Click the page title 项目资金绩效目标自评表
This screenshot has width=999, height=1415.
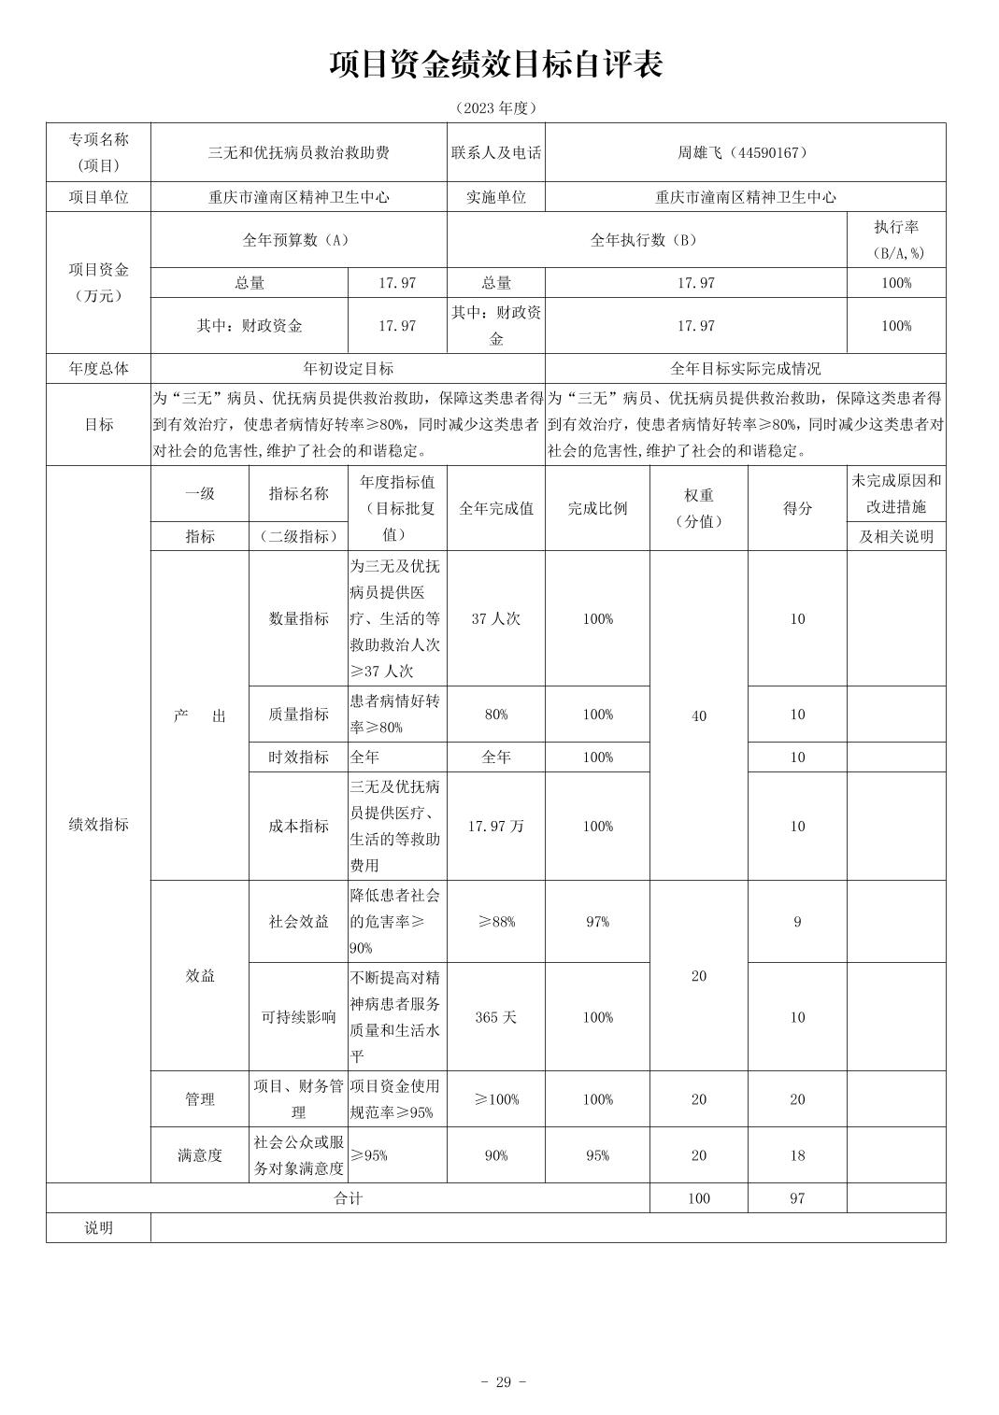(x=496, y=65)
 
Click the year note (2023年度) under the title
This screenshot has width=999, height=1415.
(x=496, y=108)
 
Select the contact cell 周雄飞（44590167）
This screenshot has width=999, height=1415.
(x=744, y=152)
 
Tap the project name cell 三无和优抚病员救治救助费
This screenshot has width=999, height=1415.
(x=298, y=152)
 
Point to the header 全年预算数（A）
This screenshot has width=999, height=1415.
(x=297, y=240)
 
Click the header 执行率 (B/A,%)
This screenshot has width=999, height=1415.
(x=895, y=240)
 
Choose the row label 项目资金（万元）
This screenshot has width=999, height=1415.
(x=98, y=282)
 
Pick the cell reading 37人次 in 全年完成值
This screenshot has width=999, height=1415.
(x=495, y=619)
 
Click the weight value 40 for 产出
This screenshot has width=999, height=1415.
(x=698, y=716)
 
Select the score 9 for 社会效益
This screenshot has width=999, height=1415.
(x=796, y=922)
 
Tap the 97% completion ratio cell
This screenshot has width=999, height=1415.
(x=597, y=922)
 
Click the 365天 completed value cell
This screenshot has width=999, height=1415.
(x=495, y=1017)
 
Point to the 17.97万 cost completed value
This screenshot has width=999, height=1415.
(x=495, y=827)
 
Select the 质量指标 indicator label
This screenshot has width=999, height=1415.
(x=298, y=715)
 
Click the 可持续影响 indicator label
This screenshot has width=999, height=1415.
(x=298, y=1017)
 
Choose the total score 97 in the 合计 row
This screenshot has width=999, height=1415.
(x=796, y=1198)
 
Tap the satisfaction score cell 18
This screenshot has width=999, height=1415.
(x=796, y=1155)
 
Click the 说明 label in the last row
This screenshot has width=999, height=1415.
(x=98, y=1228)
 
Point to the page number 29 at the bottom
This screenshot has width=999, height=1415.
(x=503, y=1382)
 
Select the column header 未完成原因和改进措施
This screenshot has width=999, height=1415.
(x=895, y=494)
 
